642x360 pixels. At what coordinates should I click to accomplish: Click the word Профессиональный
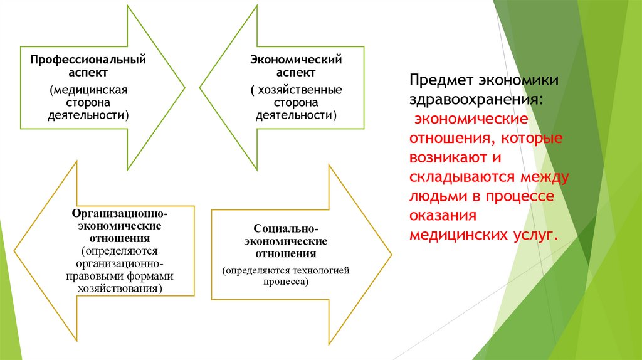(x=89, y=60)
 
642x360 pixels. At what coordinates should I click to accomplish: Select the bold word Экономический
(x=296, y=60)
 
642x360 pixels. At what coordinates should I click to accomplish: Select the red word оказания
(x=443, y=215)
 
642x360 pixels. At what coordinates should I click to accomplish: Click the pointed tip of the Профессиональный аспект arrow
(x=184, y=87)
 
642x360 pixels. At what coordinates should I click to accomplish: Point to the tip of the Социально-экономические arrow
(x=391, y=255)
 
